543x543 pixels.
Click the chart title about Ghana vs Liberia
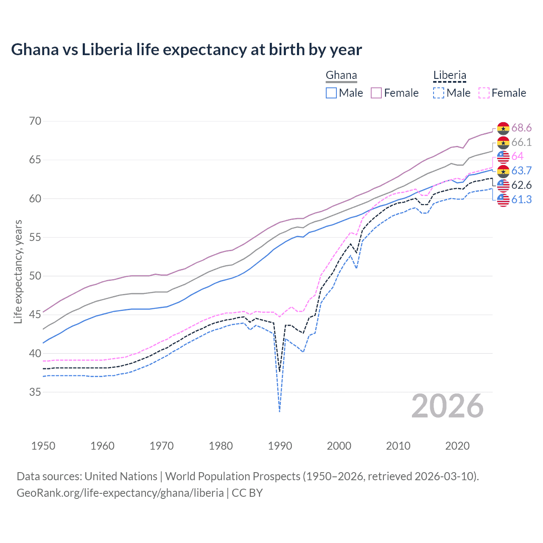pyautogui.click(x=186, y=50)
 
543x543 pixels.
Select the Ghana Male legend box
pyautogui.click(x=331, y=93)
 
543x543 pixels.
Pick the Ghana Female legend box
pyautogui.click(x=376, y=93)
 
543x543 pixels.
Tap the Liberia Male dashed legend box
pyautogui.click(x=439, y=93)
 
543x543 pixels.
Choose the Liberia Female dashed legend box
pyautogui.click(x=484, y=93)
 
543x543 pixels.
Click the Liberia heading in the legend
pyautogui.click(x=450, y=76)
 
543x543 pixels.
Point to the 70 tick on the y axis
pyautogui.click(x=35, y=121)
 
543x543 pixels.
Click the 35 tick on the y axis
pyautogui.click(x=35, y=392)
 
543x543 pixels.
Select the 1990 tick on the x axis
pyautogui.click(x=280, y=446)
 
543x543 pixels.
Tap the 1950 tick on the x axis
pyautogui.click(x=43, y=446)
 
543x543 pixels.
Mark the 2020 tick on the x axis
pyautogui.click(x=457, y=446)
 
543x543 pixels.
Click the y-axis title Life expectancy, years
pyautogui.click(x=18, y=271)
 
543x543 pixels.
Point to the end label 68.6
pyautogui.click(x=521, y=128)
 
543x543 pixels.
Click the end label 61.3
pyautogui.click(x=521, y=199)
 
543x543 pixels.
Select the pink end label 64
pyautogui.click(x=518, y=157)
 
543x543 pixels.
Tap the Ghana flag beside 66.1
pyautogui.click(x=503, y=143)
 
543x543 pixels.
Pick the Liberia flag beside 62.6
pyautogui.click(x=503, y=185)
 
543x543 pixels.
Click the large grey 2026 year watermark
pyautogui.click(x=448, y=406)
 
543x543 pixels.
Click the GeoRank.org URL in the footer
pyautogui.click(x=120, y=493)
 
